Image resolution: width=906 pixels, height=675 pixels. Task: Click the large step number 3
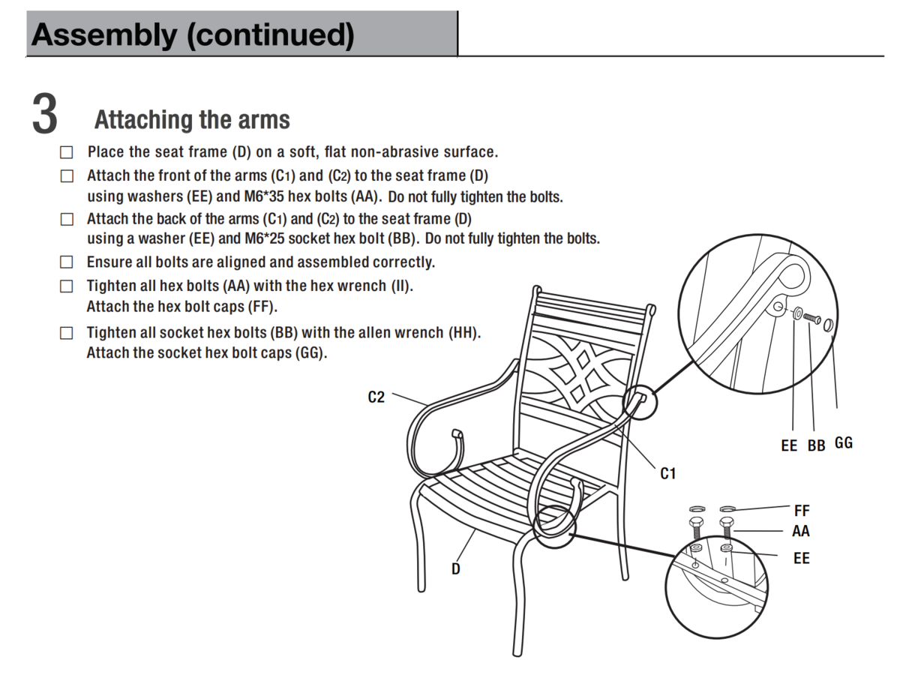point(45,115)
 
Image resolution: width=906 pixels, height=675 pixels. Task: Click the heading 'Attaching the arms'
point(192,119)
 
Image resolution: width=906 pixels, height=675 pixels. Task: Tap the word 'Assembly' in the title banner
point(103,34)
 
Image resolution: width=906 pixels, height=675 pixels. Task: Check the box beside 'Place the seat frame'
point(67,152)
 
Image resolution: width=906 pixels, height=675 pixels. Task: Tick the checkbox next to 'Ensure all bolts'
point(67,262)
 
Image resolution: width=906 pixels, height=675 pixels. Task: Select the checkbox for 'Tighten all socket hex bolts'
point(67,333)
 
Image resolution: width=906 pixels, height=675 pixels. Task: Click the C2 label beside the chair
point(376,397)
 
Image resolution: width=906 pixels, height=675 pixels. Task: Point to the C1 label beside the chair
point(667,473)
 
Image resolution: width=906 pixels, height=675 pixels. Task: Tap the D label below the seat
point(455,569)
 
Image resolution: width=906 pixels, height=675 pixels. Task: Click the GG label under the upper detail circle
point(844,443)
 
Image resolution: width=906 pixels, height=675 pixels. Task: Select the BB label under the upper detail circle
point(816,445)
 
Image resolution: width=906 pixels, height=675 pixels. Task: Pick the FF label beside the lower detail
point(802,511)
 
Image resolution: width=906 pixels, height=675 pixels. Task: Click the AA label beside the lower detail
point(801,532)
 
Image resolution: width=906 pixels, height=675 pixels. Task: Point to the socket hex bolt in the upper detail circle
point(812,319)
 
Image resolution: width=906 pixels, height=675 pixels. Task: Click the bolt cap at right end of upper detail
point(829,325)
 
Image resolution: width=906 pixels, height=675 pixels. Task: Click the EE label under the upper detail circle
point(789,445)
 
